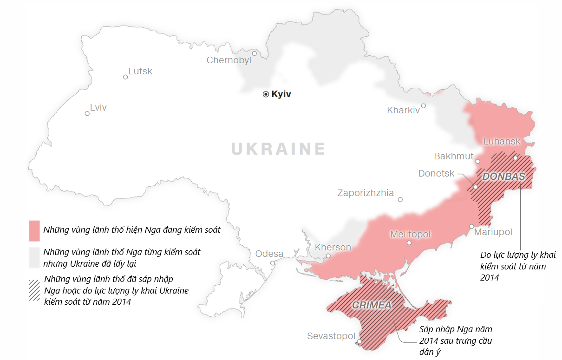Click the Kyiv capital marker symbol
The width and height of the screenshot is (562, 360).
point(266,94)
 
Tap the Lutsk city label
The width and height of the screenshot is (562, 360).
point(140,71)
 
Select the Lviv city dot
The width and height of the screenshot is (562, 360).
point(87,113)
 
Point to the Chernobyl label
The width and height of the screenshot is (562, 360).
point(229,60)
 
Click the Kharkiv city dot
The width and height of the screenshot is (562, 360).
point(423,106)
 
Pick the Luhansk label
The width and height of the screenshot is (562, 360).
point(502,141)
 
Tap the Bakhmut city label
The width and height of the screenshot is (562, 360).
point(453,156)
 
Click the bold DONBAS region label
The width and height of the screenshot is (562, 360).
point(503,177)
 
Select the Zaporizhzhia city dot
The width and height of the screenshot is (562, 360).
point(400,200)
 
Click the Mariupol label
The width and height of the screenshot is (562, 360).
point(493,232)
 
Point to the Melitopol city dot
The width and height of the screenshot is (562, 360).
point(409,242)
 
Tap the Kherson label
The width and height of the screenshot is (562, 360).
point(333,247)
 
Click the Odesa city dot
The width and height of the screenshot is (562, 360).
point(273,263)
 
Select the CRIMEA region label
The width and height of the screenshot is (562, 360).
point(372,305)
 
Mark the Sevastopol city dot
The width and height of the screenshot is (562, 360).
point(359,342)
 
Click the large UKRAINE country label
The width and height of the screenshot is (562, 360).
point(278,149)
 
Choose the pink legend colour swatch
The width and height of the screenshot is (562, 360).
point(34,231)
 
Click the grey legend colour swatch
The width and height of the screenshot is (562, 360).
point(34,258)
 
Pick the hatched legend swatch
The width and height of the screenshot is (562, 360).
point(34,290)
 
